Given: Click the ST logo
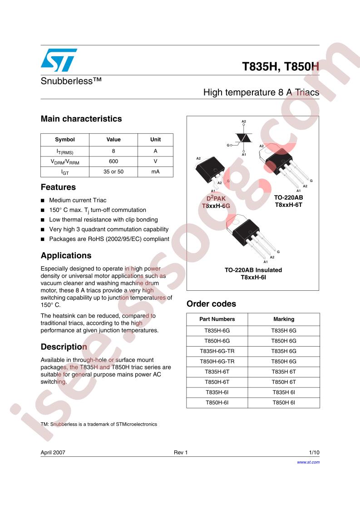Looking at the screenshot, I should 59,60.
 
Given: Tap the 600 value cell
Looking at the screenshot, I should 113,162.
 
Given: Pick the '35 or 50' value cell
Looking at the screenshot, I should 113,172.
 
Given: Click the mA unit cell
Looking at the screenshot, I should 155,172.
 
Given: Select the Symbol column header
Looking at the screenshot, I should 65,140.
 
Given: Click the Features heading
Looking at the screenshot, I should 58,187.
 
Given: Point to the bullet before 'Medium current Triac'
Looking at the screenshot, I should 43,201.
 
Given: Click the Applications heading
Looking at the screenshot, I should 66,255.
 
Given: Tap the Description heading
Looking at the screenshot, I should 64,347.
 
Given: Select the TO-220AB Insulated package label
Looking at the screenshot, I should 253,270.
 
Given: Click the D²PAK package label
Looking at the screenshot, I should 216,199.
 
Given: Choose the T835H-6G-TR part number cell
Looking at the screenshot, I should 217,351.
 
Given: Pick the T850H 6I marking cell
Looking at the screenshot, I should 284,402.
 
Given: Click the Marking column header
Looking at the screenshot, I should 284,319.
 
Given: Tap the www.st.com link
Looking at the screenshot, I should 308,462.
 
